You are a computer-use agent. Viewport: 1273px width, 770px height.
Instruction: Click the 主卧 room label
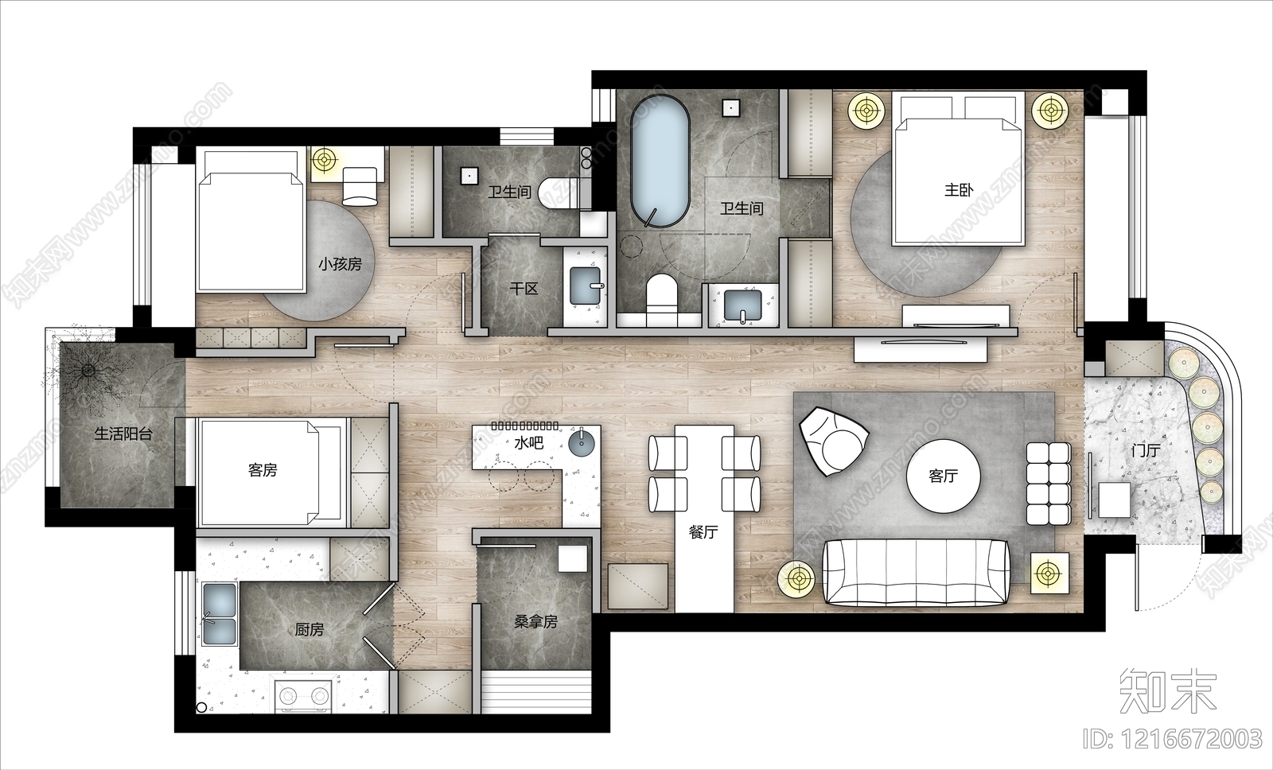coord(959,190)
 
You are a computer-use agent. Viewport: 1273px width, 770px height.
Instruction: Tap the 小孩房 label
coord(340,264)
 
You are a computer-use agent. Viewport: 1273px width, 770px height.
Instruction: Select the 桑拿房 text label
coord(535,622)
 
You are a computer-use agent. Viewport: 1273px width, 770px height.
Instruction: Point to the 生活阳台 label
coord(123,434)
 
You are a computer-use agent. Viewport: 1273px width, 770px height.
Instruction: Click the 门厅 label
coord(1146,451)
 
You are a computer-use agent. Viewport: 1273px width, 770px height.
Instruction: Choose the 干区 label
coord(524,289)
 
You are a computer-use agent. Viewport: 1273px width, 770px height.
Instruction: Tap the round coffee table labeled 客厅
coord(944,476)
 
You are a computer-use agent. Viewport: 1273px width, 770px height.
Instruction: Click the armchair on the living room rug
coord(834,441)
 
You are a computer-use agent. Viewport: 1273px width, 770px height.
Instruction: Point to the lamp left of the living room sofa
coord(797,577)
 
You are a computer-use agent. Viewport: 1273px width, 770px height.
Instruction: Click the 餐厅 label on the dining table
coord(703,532)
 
